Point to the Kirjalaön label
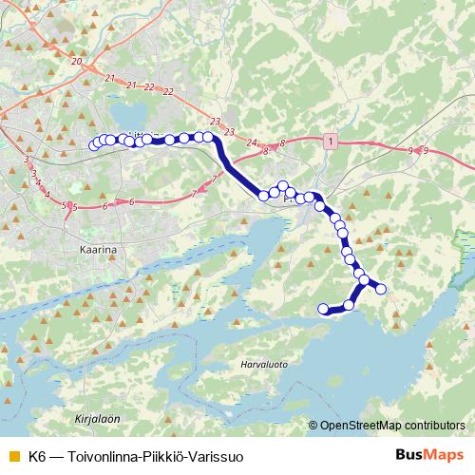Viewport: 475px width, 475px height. pos(97,417)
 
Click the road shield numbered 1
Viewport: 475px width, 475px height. pos(330,141)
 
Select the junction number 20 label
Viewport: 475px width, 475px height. pos(76,62)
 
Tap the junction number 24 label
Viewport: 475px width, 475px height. pos(252,142)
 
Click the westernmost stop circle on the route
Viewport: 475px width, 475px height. pos(93,145)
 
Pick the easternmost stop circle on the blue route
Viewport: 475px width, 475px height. pos(382,290)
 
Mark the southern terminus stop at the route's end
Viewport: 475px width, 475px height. pos(323,308)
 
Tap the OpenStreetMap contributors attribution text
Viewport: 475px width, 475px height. pos(391,426)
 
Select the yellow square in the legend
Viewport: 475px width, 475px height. pos(12,456)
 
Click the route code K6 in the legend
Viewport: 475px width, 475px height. pos(37,456)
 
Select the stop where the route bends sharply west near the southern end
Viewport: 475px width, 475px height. pos(351,304)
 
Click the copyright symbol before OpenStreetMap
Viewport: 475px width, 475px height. pos(313,426)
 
